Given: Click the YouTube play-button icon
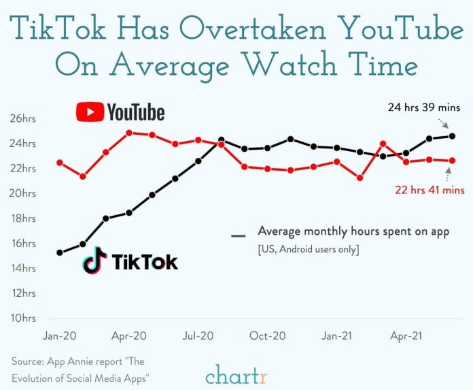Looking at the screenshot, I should click(x=90, y=112).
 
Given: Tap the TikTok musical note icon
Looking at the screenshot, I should click(x=95, y=261).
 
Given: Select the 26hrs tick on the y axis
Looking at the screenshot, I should click(x=23, y=119).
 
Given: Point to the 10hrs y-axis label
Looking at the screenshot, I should click(x=23, y=319).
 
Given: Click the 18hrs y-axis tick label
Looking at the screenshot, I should click(x=23, y=218).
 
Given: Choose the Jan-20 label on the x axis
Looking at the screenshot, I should click(x=59, y=336).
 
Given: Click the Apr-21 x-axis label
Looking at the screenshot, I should click(x=406, y=336).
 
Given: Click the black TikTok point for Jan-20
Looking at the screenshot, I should click(x=60, y=253).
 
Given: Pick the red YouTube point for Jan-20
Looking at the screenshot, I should click(x=60, y=163).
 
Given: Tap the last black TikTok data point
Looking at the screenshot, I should click(x=452, y=136).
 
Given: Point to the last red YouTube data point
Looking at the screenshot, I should click(x=452, y=161).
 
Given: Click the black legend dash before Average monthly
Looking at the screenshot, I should click(x=238, y=236).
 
